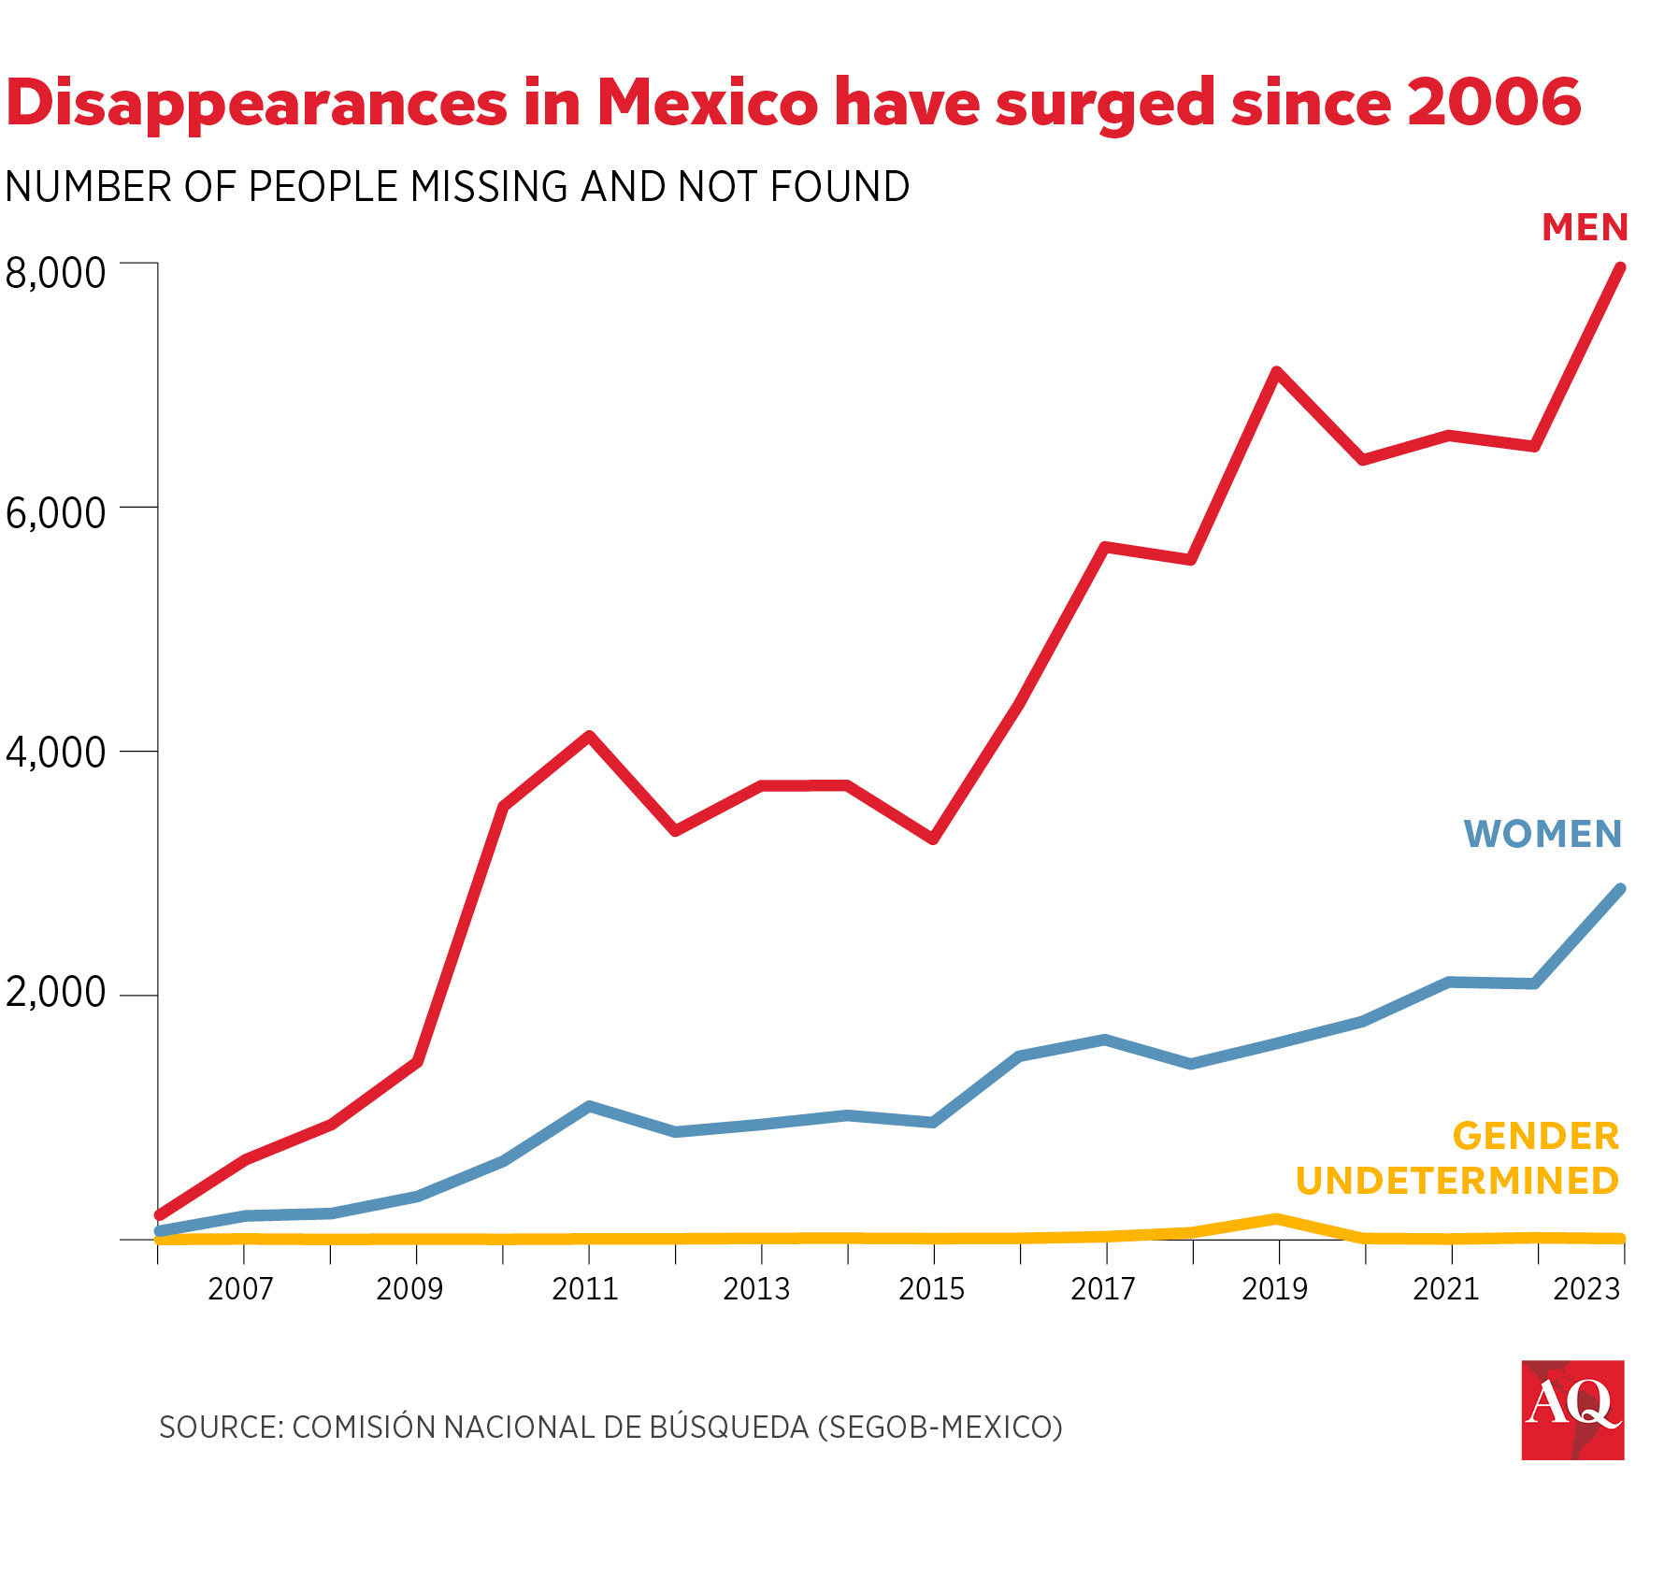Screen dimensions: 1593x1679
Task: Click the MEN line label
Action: (1585, 228)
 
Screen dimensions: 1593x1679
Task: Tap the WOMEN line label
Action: (1543, 834)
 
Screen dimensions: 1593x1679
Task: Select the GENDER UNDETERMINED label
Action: (1457, 1159)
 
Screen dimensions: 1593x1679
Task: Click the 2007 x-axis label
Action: (240, 1289)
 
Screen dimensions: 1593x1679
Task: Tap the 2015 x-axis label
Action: (931, 1289)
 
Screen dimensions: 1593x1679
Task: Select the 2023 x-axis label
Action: (1586, 1289)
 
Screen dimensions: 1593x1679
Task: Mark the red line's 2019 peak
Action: (1276, 372)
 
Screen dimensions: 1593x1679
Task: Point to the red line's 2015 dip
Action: (933, 840)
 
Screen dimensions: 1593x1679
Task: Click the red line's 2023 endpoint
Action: (1620, 268)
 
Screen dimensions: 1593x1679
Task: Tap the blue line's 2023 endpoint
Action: (1620, 889)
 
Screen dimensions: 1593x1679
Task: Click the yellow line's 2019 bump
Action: (1276, 1219)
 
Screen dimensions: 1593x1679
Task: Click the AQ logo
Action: (1572, 1410)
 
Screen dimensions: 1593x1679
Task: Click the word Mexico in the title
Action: (708, 103)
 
